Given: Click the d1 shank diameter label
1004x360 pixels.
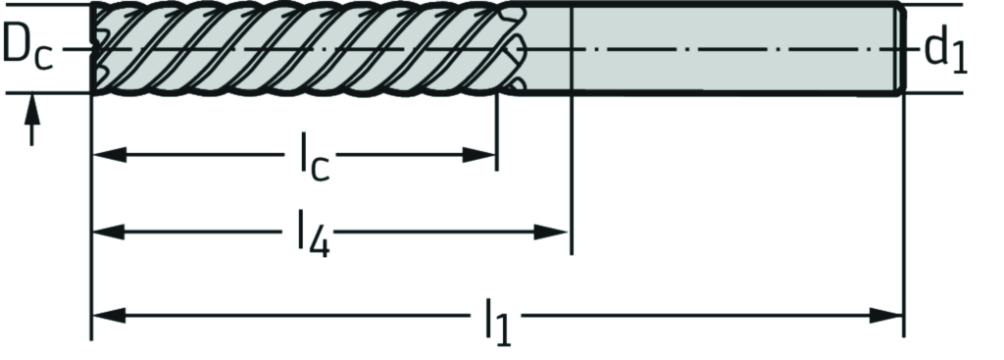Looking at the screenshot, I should [944, 51].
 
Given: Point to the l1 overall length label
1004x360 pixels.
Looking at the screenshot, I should [498, 323].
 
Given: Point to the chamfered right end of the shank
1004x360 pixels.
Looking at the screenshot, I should [898, 49].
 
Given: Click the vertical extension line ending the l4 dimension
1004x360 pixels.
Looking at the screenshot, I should [570, 196].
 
